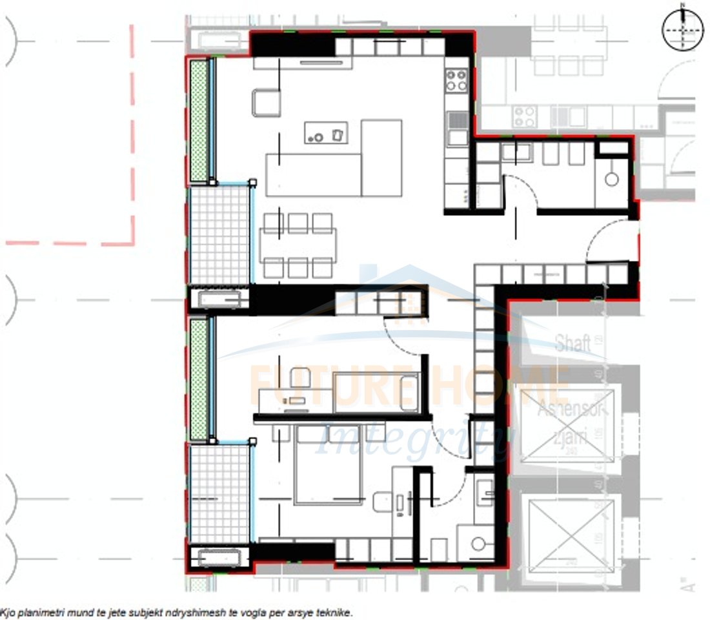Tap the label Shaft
click(573, 343)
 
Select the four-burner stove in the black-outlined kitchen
click(456, 80)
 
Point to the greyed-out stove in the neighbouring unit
click(524, 116)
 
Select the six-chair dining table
click(298, 245)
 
